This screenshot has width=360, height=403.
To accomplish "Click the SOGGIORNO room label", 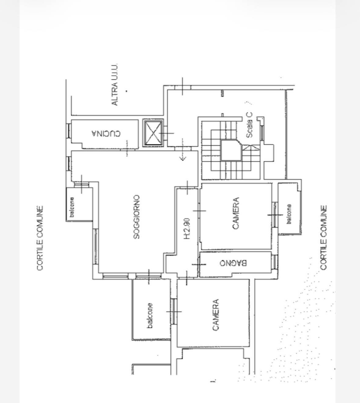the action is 137,217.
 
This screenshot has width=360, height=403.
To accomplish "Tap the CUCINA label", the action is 106,133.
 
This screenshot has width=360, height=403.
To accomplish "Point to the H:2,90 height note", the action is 187,229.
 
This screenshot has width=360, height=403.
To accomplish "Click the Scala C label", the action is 249,125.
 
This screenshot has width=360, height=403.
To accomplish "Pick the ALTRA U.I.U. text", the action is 115,85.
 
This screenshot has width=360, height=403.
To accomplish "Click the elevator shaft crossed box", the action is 153,133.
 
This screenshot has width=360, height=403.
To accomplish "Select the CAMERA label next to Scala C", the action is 236,213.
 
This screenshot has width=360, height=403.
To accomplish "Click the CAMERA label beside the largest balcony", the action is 216,315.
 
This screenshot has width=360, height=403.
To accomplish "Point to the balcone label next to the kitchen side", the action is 72,207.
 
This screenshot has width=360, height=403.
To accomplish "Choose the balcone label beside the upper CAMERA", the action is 289,214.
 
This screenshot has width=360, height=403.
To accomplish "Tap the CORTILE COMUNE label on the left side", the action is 40,238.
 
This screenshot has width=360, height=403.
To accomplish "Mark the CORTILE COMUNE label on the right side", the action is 323,238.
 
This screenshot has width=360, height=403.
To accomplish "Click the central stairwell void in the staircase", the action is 231,151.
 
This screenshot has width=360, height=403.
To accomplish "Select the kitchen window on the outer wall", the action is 68,131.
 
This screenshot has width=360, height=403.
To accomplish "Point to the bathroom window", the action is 274,262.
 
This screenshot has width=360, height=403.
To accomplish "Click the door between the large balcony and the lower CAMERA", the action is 174,311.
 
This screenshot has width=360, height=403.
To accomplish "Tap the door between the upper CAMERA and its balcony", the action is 275,215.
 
